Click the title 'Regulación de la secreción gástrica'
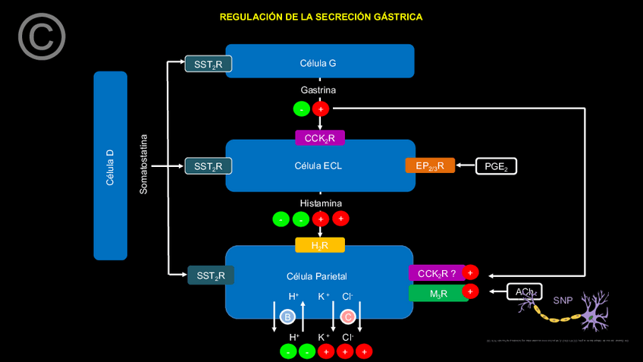321,17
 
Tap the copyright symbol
42,36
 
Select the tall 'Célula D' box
110,165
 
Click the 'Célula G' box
319,61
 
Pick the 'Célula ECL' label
318,165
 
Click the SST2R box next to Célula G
208,65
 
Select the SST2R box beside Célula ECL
208,165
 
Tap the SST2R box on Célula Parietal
211,275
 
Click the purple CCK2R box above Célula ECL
320,137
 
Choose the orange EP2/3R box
430,165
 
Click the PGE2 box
496,165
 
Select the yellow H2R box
320,245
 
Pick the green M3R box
438,293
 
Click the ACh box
524,291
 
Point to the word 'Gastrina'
318,90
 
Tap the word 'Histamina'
320,203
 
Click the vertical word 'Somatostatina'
144,165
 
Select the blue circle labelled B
287,316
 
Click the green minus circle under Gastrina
302,109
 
